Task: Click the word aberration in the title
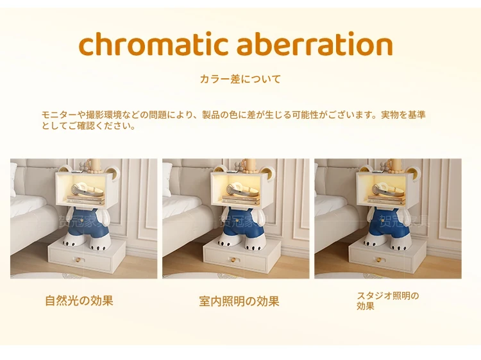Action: pyautogui.click(x=315, y=44)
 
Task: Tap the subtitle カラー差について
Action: pyautogui.click(x=240, y=79)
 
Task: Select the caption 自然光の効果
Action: pyautogui.click(x=79, y=300)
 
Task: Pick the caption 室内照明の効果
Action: pyautogui.click(x=239, y=301)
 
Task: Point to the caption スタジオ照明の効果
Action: pyautogui.click(x=388, y=301)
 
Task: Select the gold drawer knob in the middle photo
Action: pyautogui.click(x=232, y=261)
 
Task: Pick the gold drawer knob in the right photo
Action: pyautogui.click(x=379, y=261)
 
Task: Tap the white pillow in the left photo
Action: pyautogui.click(x=13, y=180)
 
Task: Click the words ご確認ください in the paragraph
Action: pyautogui.click(x=101, y=126)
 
